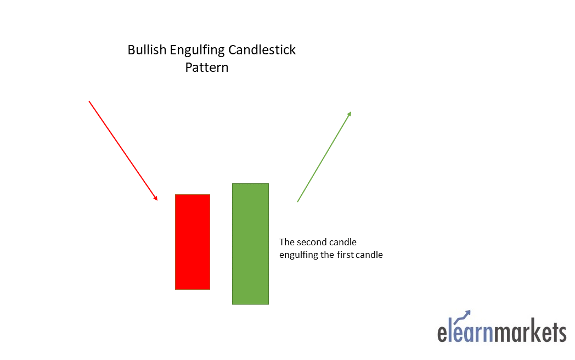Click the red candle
(192, 241)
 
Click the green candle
(250, 244)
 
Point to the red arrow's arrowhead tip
(157, 200)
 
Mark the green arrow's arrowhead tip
(351, 112)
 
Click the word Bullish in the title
(146, 50)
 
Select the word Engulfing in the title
(196, 50)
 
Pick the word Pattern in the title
(206, 68)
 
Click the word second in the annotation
(313, 241)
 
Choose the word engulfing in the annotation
(300, 255)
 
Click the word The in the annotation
(287, 241)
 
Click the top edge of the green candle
(250, 184)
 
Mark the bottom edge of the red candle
(192, 289)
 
